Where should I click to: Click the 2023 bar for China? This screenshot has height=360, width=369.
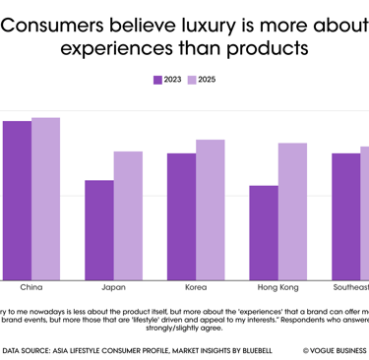click(17, 201)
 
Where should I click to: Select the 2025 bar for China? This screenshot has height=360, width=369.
click(45, 199)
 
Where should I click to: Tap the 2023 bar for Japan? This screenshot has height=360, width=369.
click(98, 230)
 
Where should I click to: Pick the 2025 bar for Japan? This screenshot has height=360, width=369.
click(128, 215)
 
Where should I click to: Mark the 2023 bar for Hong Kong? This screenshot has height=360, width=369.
click(264, 233)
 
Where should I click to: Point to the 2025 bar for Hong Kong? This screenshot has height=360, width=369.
click(292, 211)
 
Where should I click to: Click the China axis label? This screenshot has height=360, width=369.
click(31, 288)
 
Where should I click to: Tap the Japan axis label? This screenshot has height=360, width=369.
click(113, 288)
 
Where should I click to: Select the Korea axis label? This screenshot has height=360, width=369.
click(195, 288)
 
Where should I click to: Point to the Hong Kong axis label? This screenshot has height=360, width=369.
click(277, 288)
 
